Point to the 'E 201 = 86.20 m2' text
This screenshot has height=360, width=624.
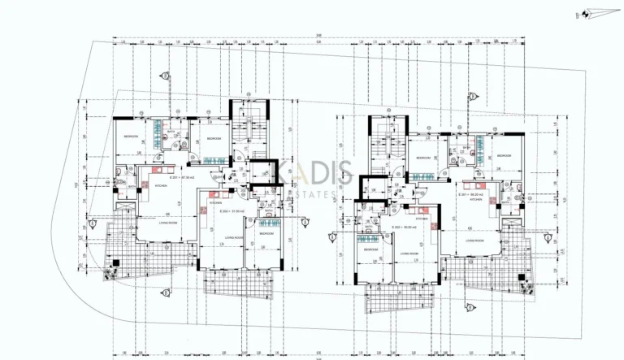coord(471,195)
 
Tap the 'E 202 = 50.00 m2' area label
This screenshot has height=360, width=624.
coord(404,227)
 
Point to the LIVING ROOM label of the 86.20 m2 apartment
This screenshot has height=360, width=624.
coord(476,241)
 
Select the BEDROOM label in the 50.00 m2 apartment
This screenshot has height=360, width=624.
coord(370,249)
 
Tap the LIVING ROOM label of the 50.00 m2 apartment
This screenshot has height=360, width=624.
coord(409,254)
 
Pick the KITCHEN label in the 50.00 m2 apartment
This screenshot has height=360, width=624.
coord(422,219)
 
